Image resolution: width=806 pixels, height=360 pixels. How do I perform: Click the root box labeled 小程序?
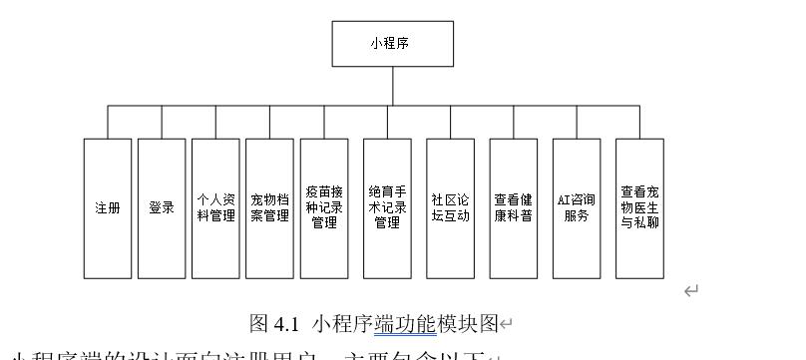[392, 45]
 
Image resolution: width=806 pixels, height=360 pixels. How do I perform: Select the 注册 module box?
[107, 207]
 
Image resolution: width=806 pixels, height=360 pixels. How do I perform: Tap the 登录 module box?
[162, 207]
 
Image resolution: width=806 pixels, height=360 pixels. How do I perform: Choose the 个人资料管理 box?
[215, 207]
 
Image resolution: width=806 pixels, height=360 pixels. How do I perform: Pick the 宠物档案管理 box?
[269, 207]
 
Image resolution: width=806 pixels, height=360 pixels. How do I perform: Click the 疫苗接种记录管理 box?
[324, 207]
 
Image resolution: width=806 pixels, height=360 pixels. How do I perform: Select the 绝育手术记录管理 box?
[387, 207]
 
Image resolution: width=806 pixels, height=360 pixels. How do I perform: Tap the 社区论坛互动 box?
[450, 207]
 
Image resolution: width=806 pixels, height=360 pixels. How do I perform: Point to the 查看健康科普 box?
[513, 207]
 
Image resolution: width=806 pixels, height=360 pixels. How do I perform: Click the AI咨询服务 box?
[577, 207]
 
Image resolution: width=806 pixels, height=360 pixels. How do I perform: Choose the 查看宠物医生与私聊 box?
[639, 207]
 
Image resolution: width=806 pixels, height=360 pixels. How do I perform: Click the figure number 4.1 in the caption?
[287, 323]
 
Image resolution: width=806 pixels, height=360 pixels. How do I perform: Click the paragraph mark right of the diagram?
[690, 290]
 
